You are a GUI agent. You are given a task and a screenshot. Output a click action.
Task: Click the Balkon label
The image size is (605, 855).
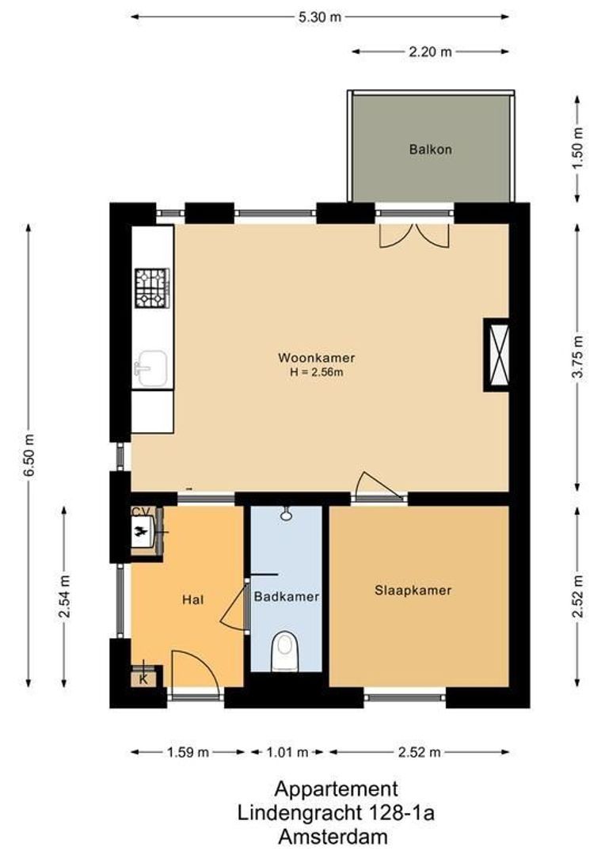tap(431, 149)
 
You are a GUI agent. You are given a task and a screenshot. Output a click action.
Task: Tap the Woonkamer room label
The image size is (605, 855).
tap(316, 357)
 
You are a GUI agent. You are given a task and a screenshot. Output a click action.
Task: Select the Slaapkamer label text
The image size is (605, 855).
tap(413, 590)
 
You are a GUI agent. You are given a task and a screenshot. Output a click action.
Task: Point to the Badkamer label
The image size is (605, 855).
tap(286, 597)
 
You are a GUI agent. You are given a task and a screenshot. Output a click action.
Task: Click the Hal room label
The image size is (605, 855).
tap(192, 599)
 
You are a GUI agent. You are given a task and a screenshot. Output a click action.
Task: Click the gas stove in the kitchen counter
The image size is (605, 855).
tap(152, 288)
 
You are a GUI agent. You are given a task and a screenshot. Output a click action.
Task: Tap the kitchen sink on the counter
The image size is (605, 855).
tap(151, 368)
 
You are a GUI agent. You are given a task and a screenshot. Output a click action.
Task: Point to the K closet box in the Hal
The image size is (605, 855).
tap(143, 678)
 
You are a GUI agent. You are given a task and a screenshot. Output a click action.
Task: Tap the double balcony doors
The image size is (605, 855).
tap(414, 235)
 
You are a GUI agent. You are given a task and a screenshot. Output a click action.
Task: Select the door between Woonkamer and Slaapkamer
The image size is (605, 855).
tap(379, 487)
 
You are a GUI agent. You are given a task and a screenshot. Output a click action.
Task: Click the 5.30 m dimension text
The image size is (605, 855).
tap(321, 17)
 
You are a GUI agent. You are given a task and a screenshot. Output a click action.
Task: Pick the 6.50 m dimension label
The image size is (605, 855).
tap(29, 455)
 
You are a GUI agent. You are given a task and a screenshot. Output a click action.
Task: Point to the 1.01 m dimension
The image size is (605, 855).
tap(287, 752)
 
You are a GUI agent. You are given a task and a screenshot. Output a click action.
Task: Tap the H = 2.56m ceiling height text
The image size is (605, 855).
tap(316, 371)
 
